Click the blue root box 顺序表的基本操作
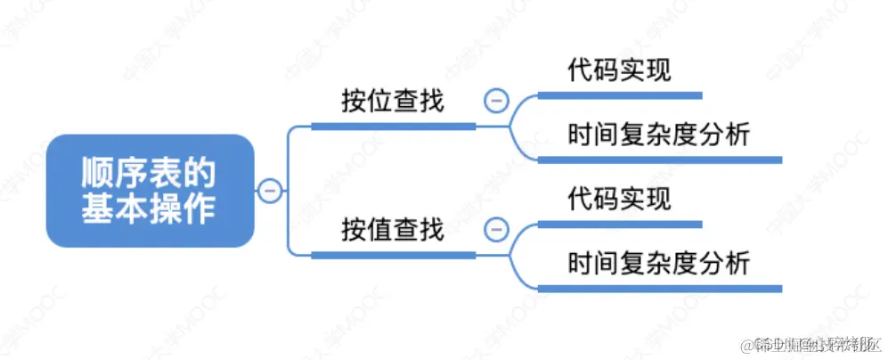(151, 190)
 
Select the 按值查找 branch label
(392, 231)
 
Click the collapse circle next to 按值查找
(496, 230)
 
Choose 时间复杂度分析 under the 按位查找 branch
(659, 135)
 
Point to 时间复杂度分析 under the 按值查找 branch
(659, 264)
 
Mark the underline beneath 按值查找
(392, 255)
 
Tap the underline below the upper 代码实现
(619, 94)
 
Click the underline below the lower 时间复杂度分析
(659, 288)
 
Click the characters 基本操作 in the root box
(150, 209)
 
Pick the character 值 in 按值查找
(379, 231)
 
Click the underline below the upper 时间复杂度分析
(659, 160)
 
